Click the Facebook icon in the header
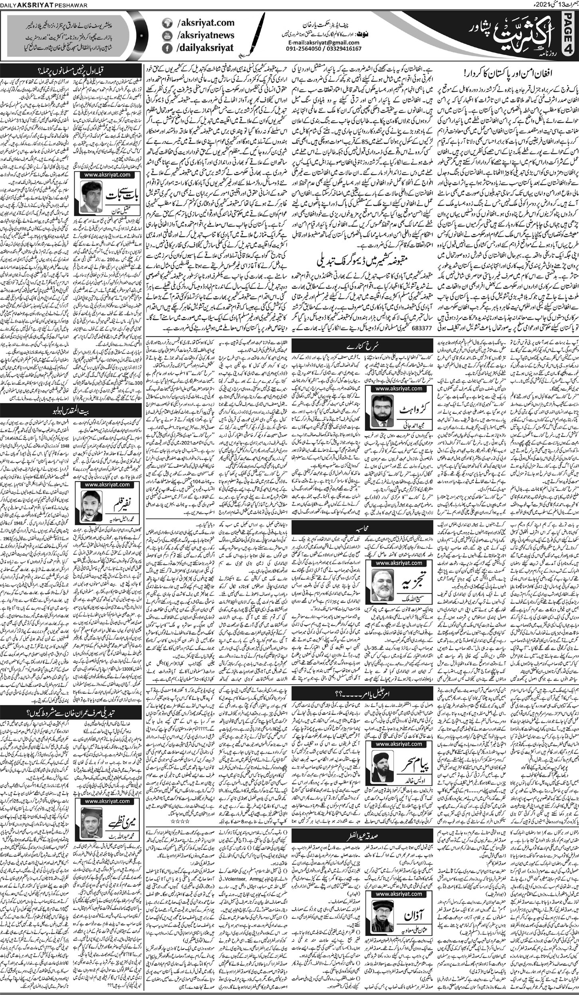coord(165,48)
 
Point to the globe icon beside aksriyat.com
coord(165,23)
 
